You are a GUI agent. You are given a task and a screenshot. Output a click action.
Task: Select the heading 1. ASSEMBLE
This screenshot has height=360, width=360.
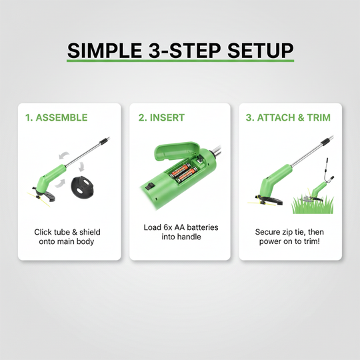click(x=57, y=118)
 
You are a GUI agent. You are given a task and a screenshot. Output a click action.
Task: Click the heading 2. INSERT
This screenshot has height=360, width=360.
click(x=161, y=118)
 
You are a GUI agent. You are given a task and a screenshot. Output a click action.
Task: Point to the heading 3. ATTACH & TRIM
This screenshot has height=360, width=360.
click(x=287, y=118)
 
